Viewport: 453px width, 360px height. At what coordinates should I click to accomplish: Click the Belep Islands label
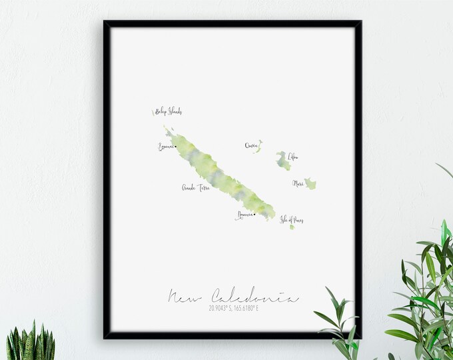click(169, 112)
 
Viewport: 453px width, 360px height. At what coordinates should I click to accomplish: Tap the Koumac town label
click(165, 147)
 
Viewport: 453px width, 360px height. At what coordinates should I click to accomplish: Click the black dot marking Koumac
click(176, 147)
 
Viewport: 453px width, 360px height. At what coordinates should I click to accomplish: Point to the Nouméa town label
click(244, 215)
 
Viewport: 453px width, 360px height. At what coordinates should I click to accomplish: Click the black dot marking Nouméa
click(254, 215)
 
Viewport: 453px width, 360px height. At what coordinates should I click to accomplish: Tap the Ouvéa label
click(250, 145)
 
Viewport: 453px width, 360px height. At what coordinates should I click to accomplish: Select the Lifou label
click(293, 157)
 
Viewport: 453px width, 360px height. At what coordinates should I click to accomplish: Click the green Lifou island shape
click(283, 161)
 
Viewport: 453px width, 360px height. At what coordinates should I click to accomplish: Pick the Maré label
click(298, 183)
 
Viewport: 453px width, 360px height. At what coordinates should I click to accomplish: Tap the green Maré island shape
click(310, 184)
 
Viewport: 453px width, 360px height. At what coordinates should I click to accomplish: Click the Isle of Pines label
click(292, 219)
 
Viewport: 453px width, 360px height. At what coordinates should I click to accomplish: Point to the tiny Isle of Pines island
click(292, 227)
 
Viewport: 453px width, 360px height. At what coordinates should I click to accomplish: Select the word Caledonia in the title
click(255, 297)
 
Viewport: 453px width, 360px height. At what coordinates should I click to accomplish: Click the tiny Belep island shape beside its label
click(153, 113)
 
